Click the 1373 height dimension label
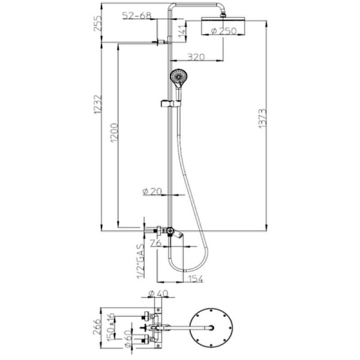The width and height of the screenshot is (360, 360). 262,118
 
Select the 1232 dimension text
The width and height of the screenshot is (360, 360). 97,104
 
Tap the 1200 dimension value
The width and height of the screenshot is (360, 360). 114,133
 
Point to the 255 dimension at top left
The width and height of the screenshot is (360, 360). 97,23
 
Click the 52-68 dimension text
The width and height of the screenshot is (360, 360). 137,16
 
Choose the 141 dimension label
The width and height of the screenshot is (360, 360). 182,31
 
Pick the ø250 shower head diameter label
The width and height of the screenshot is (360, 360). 224,31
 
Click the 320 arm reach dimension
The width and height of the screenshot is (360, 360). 196,57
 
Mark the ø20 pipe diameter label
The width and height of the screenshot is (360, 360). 152,191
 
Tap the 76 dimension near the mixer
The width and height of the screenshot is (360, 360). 156,243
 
